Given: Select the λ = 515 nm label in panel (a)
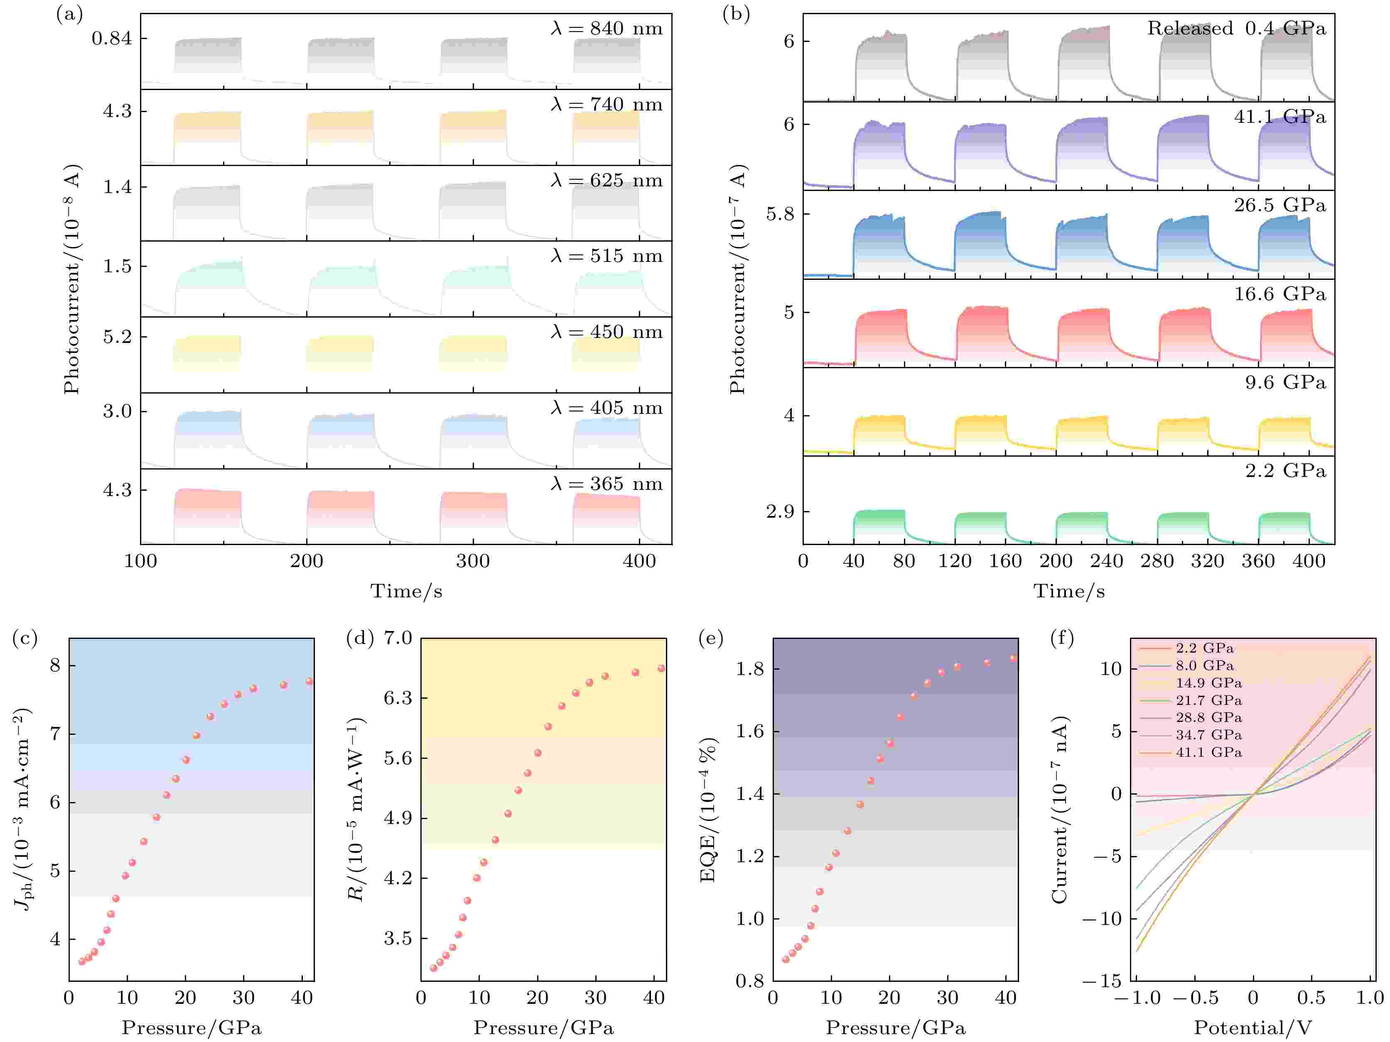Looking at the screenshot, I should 607,256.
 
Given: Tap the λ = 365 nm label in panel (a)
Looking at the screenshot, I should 607,484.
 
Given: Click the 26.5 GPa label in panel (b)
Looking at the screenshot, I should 1279,205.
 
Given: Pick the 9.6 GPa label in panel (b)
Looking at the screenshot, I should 1285,382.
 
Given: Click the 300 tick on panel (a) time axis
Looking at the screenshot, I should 473,561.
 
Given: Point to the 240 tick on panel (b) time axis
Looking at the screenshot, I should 1107,561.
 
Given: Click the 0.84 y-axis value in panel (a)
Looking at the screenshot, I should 112,39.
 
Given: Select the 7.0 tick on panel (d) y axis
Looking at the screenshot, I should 398,639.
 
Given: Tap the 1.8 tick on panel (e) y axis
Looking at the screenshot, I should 750,670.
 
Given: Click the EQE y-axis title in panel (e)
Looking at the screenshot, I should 708,810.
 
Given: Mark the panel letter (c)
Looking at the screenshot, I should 25,639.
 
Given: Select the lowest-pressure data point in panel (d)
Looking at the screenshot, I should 433,968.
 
